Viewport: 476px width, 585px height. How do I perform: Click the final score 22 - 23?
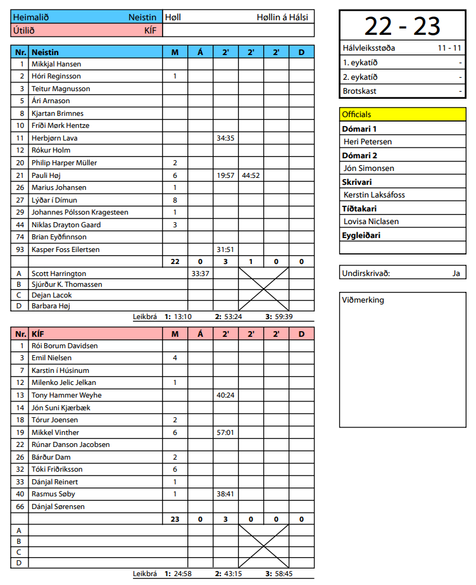[x=402, y=26]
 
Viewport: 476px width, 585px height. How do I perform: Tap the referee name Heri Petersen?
[x=368, y=142]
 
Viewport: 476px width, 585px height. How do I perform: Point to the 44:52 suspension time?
[x=251, y=175]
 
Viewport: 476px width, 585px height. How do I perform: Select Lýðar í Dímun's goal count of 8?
[x=175, y=200]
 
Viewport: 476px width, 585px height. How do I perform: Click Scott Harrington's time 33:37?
[x=200, y=274]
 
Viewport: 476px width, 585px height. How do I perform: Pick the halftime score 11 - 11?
[x=449, y=48]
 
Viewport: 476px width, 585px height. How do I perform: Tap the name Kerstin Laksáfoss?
[x=374, y=195]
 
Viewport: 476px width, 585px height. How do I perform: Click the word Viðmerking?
[x=363, y=300]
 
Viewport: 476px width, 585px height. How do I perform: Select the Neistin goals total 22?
[x=175, y=261]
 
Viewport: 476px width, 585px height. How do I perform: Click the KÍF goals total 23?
[x=175, y=519]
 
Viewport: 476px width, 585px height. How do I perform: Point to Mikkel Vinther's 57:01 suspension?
[x=225, y=432]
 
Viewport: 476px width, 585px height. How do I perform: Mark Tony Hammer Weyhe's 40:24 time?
[x=225, y=395]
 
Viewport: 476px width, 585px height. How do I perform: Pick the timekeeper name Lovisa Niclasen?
[x=371, y=222]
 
